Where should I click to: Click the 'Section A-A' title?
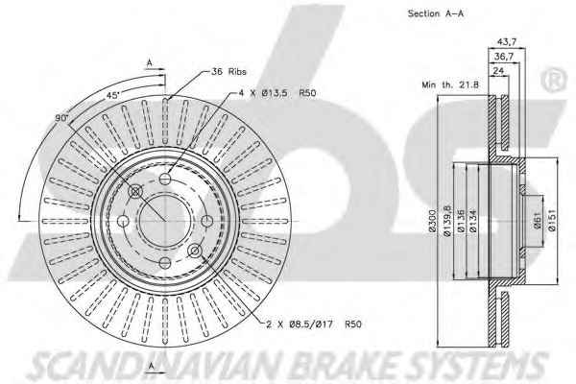tap(436, 13)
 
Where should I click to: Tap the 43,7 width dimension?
tap(507, 42)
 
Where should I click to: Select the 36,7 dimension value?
tap(504, 57)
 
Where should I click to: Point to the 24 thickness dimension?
tap(498, 70)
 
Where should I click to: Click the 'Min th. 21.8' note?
tap(450, 84)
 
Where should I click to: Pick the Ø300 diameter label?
tap(432, 221)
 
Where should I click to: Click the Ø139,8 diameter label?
tap(446, 221)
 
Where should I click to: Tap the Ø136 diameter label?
tap(461, 221)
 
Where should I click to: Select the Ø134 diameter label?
tap(473, 221)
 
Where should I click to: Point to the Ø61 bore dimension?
tap(537, 221)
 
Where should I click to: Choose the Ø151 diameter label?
tap(552, 220)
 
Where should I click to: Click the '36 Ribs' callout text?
tap(228, 71)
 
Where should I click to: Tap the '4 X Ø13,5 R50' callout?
tap(277, 93)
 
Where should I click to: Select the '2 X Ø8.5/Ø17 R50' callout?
tap(314, 324)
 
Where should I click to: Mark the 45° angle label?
tap(112, 95)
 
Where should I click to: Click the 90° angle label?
tap(62, 118)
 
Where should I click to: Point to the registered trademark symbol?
tap(554, 80)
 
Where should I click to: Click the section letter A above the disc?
tap(149, 62)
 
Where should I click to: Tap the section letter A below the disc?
tap(151, 366)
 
